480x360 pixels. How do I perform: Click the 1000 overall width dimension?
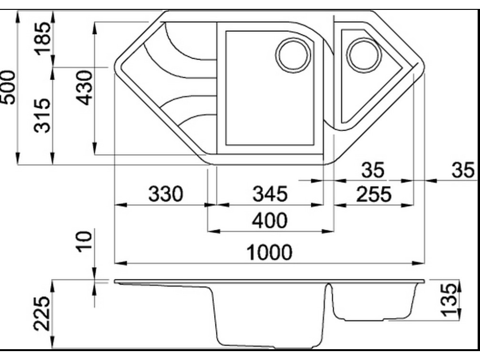point(270,252)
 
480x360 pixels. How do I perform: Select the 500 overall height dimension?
point(8,88)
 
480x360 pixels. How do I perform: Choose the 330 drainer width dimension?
point(165,194)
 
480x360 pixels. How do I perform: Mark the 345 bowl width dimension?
point(270,194)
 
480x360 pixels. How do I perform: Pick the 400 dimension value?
point(270,220)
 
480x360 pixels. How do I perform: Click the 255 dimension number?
point(373,194)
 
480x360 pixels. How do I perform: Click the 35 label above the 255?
point(373,170)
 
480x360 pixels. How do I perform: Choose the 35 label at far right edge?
point(463,170)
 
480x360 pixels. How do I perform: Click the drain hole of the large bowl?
point(293,55)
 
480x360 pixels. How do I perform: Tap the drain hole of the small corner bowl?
point(364,55)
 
